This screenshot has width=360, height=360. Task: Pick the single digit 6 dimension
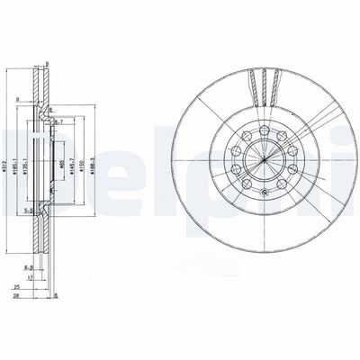55,295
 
